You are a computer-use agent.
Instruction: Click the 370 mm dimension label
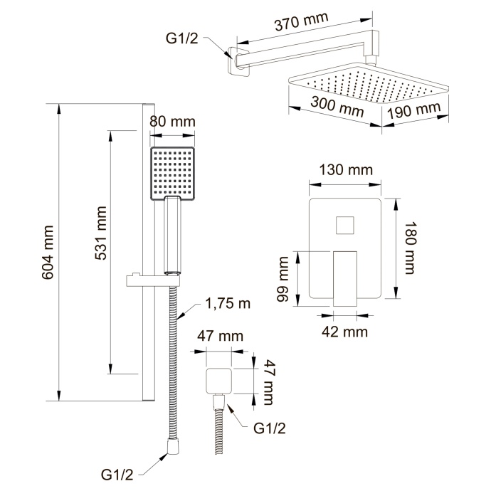[302, 22]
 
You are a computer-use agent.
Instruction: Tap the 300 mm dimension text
[337, 107]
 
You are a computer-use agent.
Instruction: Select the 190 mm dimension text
[414, 110]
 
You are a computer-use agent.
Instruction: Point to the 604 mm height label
[48, 252]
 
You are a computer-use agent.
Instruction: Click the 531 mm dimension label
[101, 233]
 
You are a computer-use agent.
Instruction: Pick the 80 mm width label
[172, 122]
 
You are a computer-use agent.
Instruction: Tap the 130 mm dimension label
[346, 170]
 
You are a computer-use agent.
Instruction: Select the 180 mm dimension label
[409, 248]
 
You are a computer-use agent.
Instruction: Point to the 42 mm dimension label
[344, 332]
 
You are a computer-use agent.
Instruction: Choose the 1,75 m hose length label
[228, 303]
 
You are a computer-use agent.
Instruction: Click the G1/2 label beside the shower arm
[182, 38]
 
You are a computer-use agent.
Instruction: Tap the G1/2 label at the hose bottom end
[117, 475]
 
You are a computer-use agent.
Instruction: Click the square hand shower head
[173, 174]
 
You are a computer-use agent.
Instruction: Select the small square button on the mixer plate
[344, 225]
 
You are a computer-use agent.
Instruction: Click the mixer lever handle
[345, 278]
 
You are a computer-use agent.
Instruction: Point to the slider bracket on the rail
[154, 280]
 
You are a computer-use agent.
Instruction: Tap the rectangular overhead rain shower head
[369, 84]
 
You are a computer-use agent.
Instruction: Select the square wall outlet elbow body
[218, 381]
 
